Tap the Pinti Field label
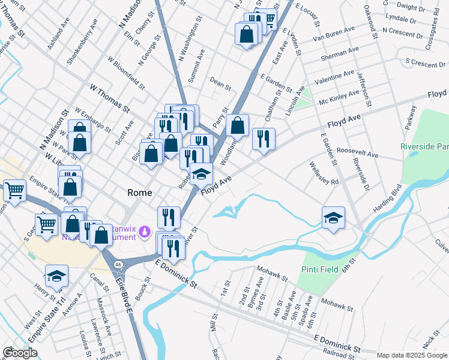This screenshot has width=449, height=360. coord(321,269)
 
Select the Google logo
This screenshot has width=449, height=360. coord(20,352)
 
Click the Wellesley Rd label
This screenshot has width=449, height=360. coord(325,173)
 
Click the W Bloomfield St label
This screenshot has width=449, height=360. coord(126,73)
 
